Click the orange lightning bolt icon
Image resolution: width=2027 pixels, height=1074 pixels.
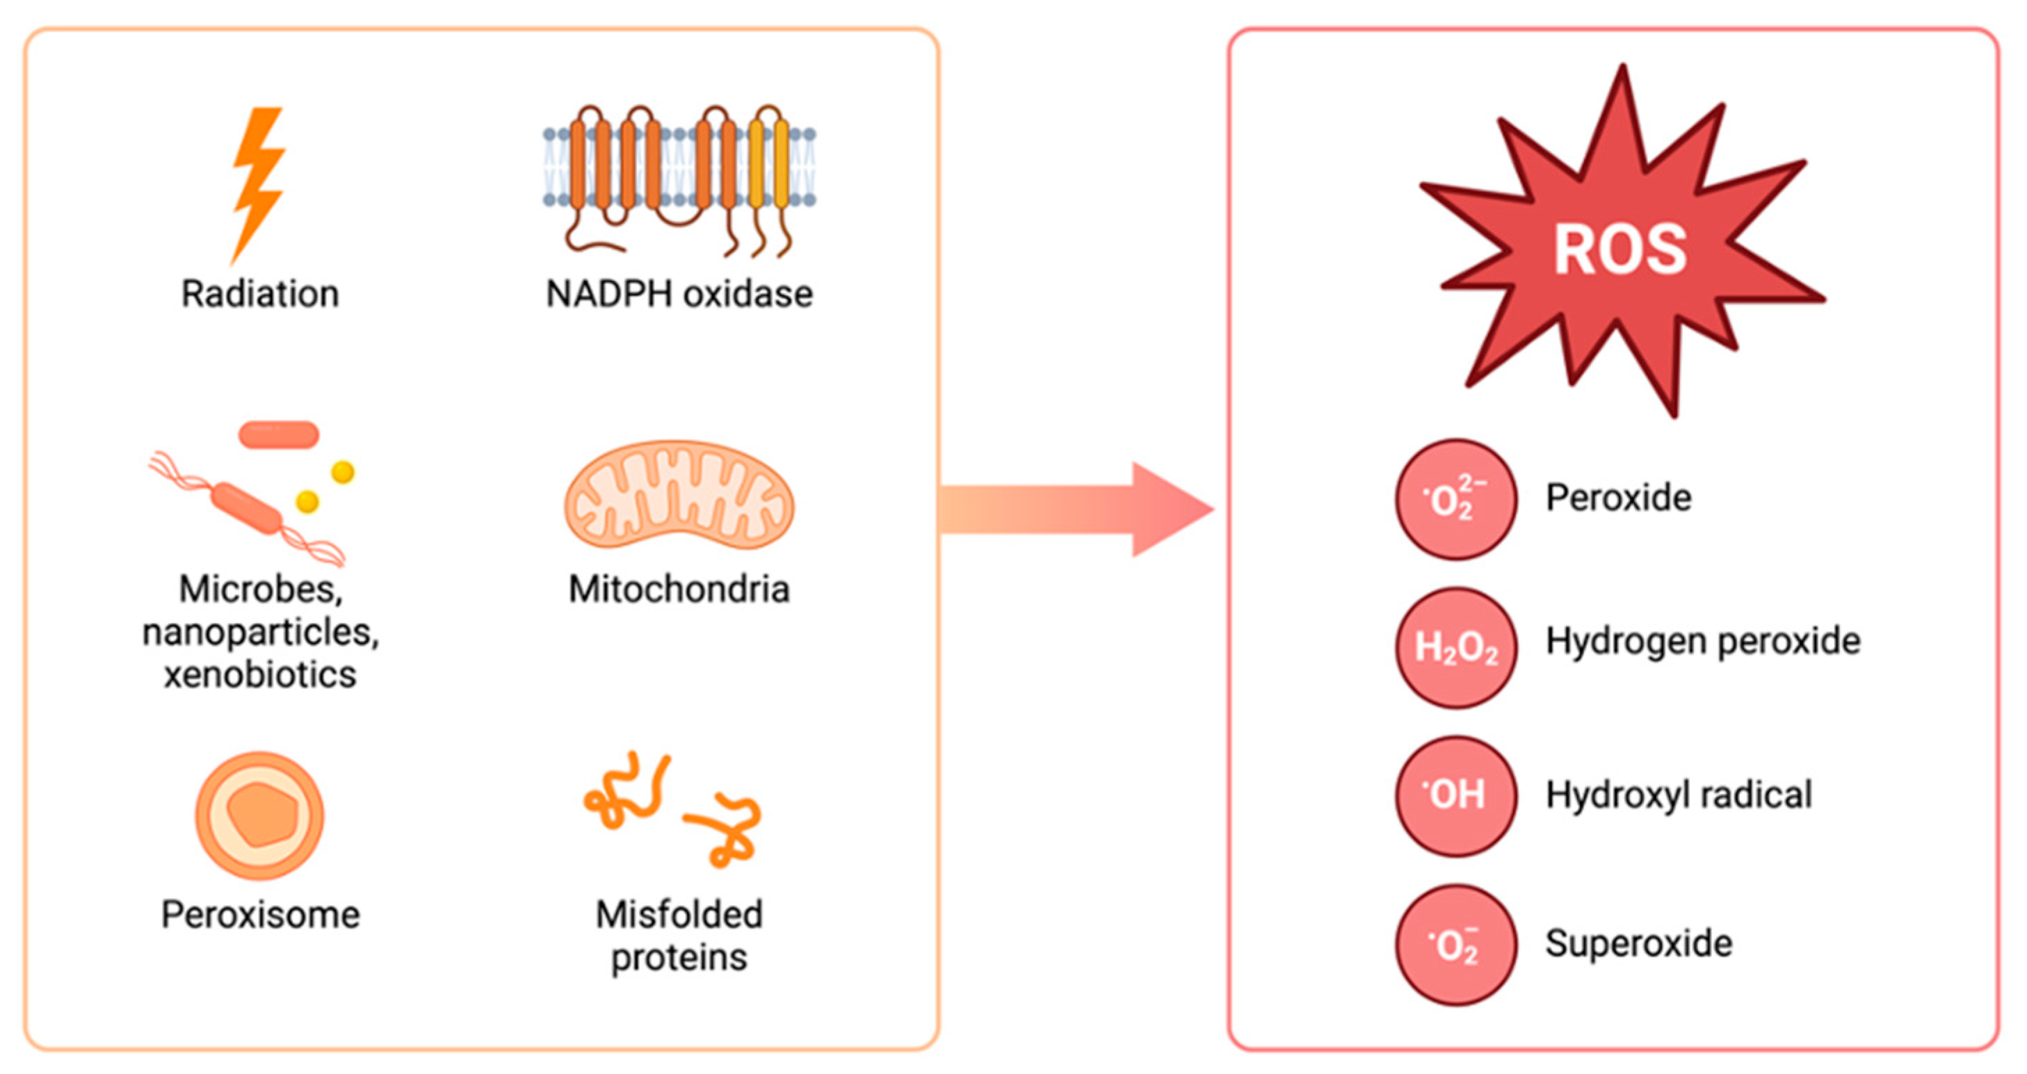point(257,186)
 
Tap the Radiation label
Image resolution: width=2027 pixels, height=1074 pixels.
point(261,294)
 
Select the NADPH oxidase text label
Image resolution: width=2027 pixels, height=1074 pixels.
point(680,294)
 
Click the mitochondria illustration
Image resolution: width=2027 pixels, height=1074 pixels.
point(679,494)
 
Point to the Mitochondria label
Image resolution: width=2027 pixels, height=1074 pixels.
point(679,589)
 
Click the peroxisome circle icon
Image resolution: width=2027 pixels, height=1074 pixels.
point(259,815)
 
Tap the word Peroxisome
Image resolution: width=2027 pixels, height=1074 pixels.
point(261,915)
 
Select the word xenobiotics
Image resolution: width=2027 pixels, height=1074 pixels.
point(261,675)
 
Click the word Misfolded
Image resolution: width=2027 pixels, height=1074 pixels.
point(679,915)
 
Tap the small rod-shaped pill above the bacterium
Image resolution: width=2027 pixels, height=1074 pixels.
point(279,434)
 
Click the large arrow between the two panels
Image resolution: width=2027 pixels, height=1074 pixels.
point(1077,510)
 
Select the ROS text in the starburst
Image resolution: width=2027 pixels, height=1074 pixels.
point(1620,250)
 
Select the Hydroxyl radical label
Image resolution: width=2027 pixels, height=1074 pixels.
point(1679,795)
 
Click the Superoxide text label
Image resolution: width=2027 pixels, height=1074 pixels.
point(1639,943)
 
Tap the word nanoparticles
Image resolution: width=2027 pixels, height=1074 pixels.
point(261,633)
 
